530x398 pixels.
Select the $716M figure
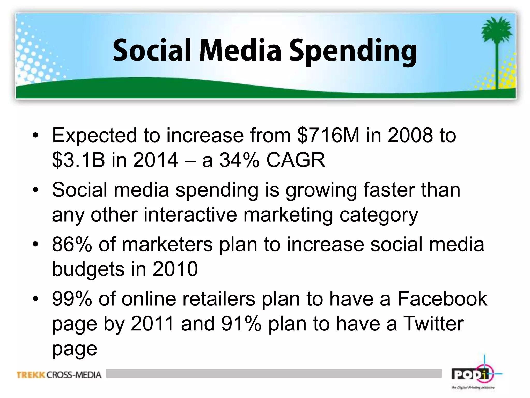(328, 135)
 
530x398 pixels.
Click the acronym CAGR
(296, 160)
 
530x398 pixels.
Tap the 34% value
(239, 160)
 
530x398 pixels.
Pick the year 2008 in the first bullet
(410, 135)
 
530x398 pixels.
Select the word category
(379, 215)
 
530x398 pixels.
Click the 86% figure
(72, 244)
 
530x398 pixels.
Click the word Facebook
(442, 299)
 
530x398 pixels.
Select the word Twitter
(433, 324)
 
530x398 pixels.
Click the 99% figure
(72, 299)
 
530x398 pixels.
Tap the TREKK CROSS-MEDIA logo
(59, 375)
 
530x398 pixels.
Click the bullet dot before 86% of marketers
(35, 244)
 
